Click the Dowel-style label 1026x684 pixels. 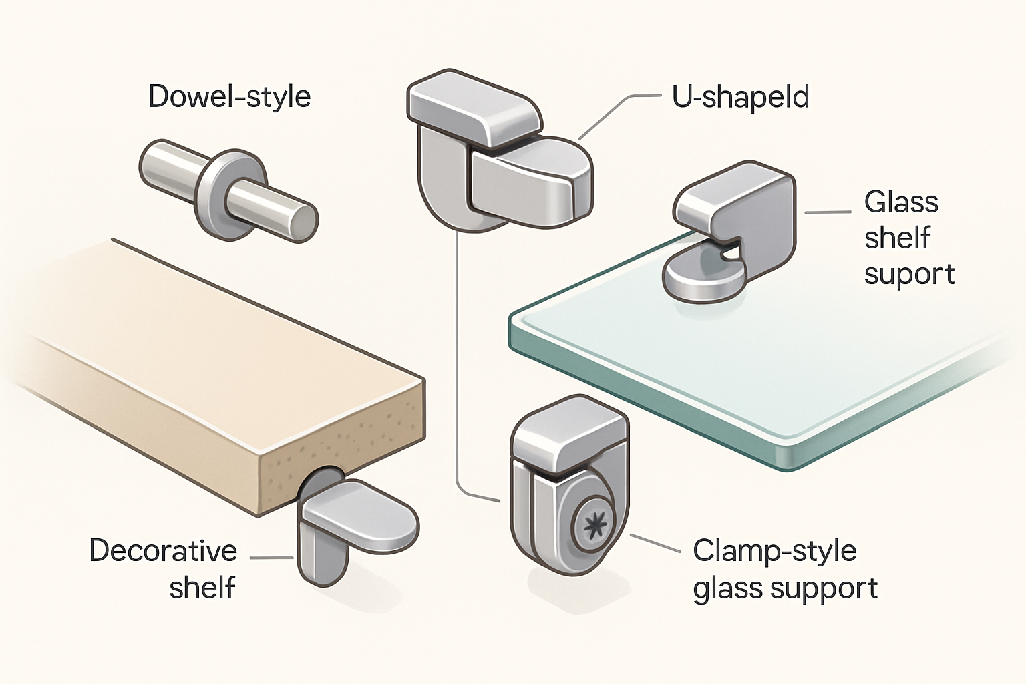[229, 97]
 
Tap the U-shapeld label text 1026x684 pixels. [740, 98]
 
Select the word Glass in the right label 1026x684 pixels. [901, 202]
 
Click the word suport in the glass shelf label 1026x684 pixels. [909, 274]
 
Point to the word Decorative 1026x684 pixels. [163, 551]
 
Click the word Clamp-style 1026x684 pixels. [774, 551]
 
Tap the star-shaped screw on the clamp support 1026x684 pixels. [592, 527]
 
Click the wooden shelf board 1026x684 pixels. [200, 374]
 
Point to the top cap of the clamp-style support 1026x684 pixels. [568, 434]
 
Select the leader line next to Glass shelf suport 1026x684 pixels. [828, 212]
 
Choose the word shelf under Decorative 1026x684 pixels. [202, 588]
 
